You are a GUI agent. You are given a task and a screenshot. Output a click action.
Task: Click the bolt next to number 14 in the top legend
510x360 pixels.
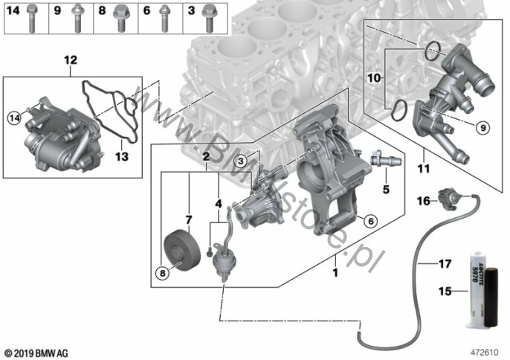[31, 19]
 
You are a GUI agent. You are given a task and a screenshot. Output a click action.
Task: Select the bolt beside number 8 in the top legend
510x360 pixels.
[120, 19]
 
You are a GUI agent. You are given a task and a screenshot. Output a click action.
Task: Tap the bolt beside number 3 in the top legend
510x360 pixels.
[210, 19]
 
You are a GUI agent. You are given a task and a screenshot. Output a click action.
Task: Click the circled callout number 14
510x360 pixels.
[15, 118]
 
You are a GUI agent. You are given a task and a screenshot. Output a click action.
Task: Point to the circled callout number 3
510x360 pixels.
[241, 161]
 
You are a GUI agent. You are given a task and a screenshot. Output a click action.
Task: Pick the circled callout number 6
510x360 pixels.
[370, 222]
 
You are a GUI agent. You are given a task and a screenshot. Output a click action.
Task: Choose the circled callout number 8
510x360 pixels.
[163, 273]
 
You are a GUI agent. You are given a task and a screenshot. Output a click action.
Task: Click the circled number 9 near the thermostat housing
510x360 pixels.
[483, 128]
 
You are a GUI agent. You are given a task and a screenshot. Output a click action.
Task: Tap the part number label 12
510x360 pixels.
[71, 60]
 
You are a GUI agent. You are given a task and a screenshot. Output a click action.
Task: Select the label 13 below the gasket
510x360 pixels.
[122, 156]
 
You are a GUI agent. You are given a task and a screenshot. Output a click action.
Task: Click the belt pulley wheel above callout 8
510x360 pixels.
[182, 250]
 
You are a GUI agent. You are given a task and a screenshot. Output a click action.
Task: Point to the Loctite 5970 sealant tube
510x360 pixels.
[477, 289]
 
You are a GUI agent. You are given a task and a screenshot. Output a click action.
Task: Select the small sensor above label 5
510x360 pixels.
[386, 159]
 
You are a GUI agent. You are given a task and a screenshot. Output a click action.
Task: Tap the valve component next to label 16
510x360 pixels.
[449, 199]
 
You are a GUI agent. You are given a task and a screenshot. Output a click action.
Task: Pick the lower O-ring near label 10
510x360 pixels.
[398, 110]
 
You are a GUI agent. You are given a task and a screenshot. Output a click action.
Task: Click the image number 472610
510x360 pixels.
[484, 352]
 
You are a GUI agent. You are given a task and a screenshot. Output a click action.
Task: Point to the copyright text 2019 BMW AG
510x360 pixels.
[36, 353]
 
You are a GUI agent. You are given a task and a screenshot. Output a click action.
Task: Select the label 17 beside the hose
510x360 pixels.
[445, 263]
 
